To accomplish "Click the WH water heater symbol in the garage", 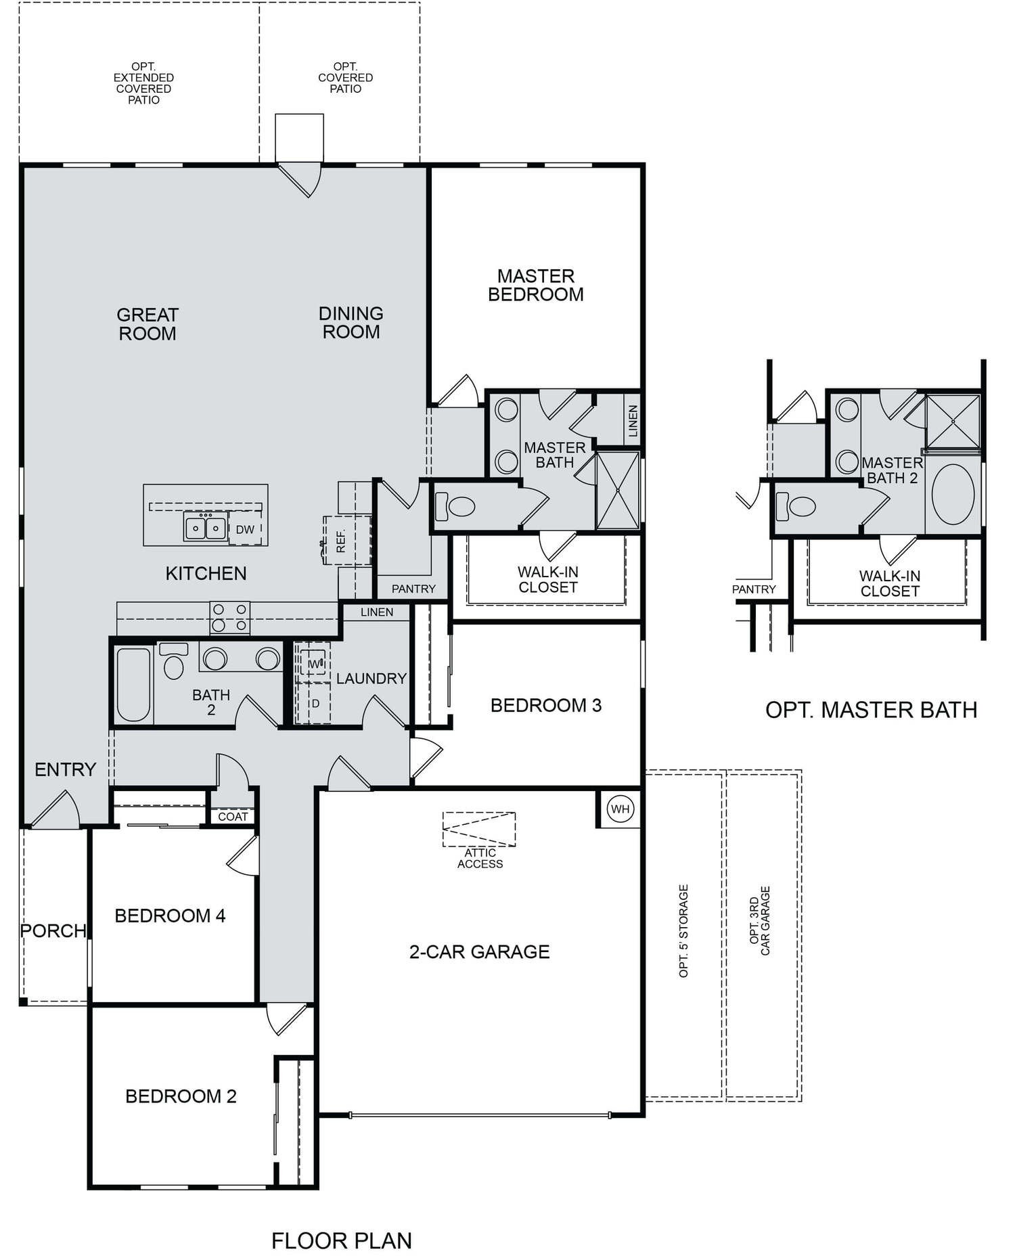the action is point(621,809).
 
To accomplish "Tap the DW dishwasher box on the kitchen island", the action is point(245,529).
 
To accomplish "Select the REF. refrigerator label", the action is point(341,541).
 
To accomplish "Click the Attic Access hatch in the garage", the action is point(479,829).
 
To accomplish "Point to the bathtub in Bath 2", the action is point(133,684).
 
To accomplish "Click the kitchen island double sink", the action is point(206,526).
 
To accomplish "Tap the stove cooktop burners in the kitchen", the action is point(229,618).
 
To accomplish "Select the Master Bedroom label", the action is point(536,285).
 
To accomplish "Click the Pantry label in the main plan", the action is point(413,589).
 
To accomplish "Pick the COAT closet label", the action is point(233,817).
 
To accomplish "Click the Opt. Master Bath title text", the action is point(871,710).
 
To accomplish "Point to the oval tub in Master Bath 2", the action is point(953,494).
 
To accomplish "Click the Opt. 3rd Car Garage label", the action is point(760,920).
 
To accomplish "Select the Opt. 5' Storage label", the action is point(683,930).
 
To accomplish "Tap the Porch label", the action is point(53,930).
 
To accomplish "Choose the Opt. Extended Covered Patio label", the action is point(143,83).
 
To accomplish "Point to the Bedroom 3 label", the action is point(546,705).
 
